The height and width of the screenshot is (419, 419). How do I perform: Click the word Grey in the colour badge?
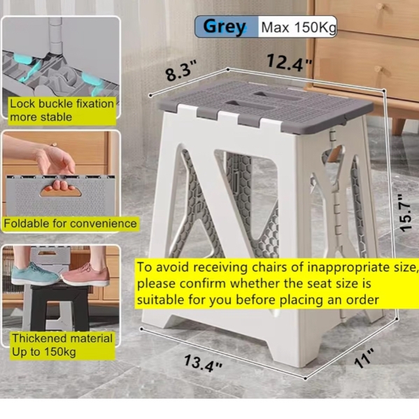pyautogui.click(x=225, y=27)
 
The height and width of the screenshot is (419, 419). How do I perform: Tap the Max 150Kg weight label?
pyautogui.click(x=299, y=27)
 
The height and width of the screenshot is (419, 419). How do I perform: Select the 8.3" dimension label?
pyautogui.click(x=181, y=70)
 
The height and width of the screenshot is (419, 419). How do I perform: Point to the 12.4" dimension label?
pyautogui.click(x=290, y=63)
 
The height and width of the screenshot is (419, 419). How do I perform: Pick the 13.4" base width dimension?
pyautogui.click(x=203, y=362)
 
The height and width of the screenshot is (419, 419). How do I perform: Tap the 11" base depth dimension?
pyautogui.click(x=364, y=358)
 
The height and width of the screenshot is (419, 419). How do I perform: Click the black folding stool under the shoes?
pyautogui.click(x=59, y=307)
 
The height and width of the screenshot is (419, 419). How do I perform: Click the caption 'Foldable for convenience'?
pyautogui.click(x=70, y=223)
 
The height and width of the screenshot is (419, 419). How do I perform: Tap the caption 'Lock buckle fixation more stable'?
pyautogui.click(x=62, y=111)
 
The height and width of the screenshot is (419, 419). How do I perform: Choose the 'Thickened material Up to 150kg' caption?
pyautogui.click(x=62, y=345)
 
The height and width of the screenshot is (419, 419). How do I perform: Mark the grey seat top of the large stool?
pyautogui.click(x=264, y=106)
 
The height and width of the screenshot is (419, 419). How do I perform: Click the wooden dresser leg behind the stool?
pyautogui.click(x=399, y=126)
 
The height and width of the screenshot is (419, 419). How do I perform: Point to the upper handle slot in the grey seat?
pyautogui.click(x=276, y=96)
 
